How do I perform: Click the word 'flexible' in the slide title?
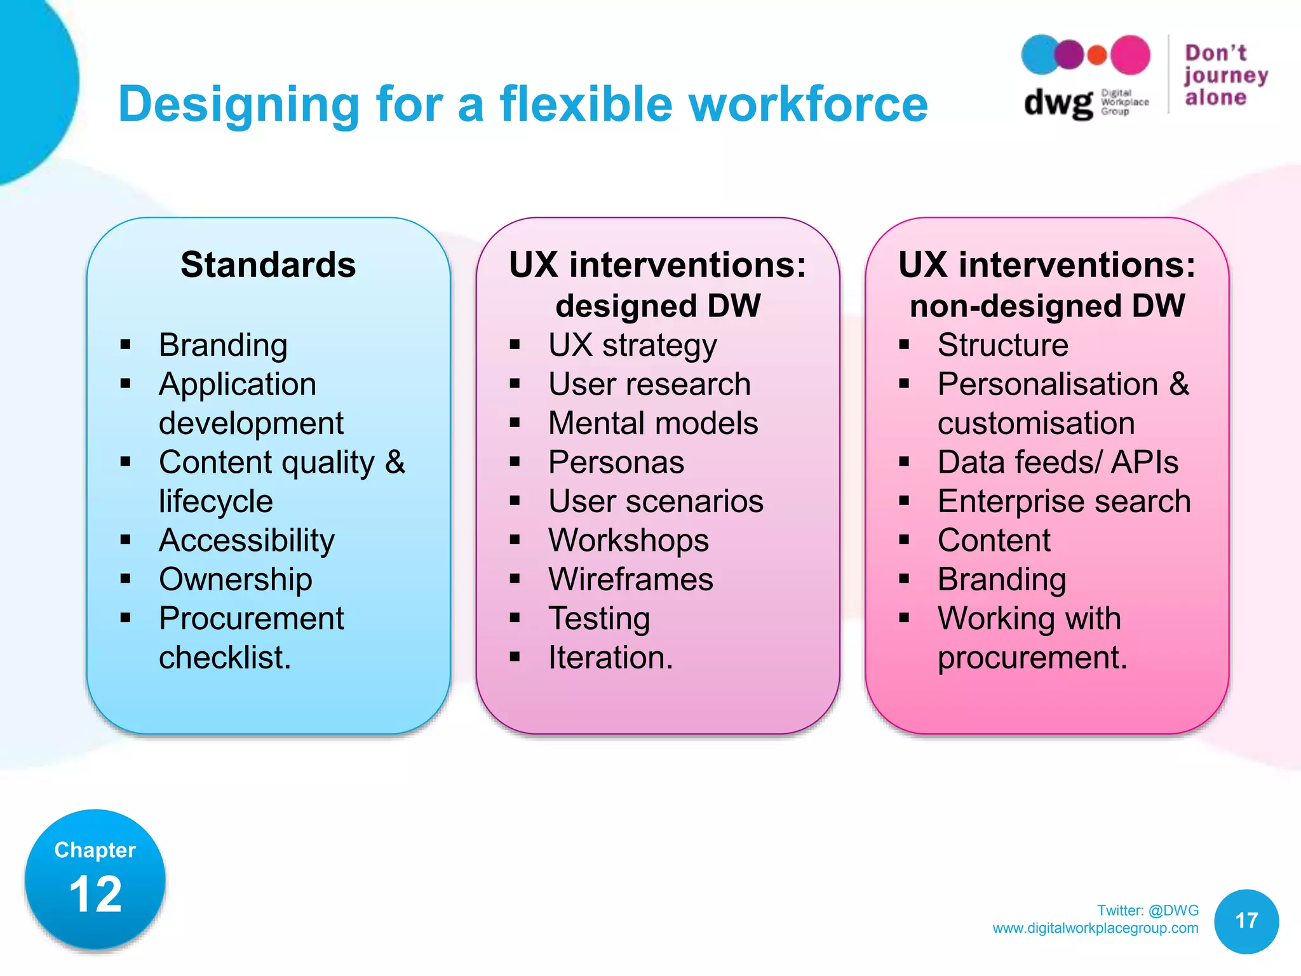coord(585,104)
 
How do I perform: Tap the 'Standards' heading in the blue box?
coord(268,264)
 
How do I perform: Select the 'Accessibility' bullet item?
coord(246,540)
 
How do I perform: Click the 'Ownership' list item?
coord(236,579)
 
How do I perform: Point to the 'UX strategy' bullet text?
coord(633,346)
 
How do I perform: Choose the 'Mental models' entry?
coord(653,423)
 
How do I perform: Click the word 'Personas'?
coord(616,462)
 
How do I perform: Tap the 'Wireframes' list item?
coord(631,579)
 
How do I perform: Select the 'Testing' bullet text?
coord(599,618)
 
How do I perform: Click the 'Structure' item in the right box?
coord(1002,345)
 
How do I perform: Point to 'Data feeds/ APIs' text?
coord(1058,462)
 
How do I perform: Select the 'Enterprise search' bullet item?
coord(1064,501)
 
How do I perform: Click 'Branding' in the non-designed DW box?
coord(1002,579)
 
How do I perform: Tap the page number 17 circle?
coord(1246,921)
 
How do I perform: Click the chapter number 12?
coord(95,894)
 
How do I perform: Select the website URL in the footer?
coord(1095,928)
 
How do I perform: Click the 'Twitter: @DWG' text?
coord(1147,911)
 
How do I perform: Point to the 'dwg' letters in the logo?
coord(1058,103)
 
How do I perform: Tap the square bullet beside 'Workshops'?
coord(515,540)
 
